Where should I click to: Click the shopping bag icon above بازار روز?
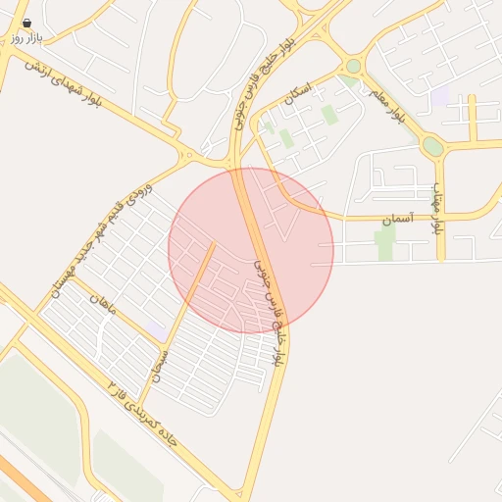click(x=25, y=22)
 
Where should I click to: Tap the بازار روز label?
click(x=27, y=36)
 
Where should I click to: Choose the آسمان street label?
click(x=399, y=217)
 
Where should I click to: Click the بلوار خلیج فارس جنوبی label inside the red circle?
click(x=269, y=313)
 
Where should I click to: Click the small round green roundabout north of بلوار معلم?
click(x=353, y=66)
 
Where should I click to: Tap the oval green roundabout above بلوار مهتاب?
click(x=431, y=146)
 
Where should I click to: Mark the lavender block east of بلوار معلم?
click(x=440, y=96)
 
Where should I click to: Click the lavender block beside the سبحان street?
click(x=155, y=330)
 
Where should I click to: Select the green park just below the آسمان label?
click(x=385, y=242)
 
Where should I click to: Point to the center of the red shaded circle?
click(x=251, y=250)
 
